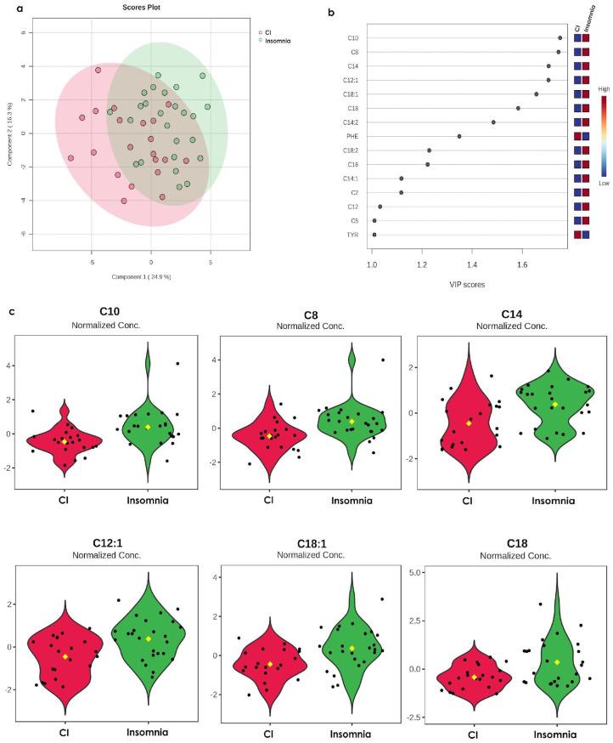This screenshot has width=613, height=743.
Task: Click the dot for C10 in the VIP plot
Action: [560, 37]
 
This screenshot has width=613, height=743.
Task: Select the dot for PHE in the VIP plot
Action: [459, 136]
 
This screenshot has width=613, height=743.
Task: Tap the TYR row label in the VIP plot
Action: [351, 235]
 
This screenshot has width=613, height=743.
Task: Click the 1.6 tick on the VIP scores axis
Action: [522, 265]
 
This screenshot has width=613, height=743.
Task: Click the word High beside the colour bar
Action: [604, 88]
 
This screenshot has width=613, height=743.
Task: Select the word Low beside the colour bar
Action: [603, 183]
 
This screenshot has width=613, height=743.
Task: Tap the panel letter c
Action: [10, 311]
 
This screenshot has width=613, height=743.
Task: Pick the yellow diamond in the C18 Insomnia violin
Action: [557, 661]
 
